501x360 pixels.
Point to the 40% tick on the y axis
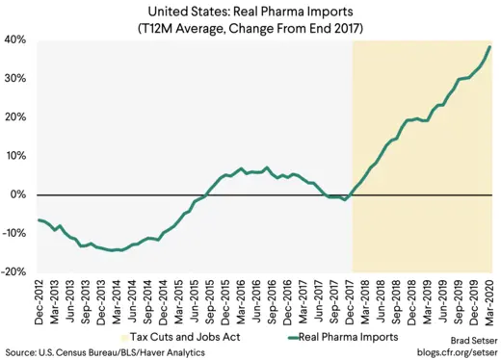[x=15, y=40]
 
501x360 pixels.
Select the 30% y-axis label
[x=15, y=79]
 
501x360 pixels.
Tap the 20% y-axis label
[x=15, y=117]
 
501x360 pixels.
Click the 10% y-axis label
[x=15, y=156]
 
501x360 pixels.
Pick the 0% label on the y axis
[x=18, y=194]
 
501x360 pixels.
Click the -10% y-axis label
[x=13, y=233]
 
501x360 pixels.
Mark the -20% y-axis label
[x=13, y=271]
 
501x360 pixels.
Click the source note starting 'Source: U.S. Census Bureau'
[x=100, y=352]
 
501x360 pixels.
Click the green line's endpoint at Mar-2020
[x=490, y=46]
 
